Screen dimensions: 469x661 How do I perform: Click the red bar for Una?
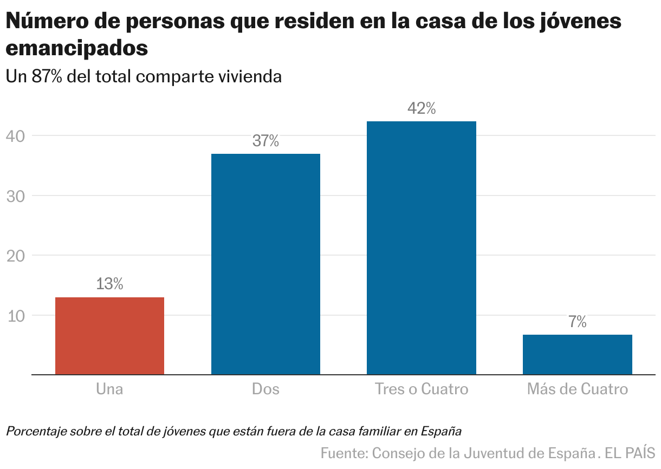pos(109,336)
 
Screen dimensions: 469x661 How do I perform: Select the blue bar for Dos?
pos(265,264)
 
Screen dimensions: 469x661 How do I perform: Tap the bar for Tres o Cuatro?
pos(421,248)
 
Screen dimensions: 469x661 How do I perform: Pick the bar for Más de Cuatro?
pos(577,355)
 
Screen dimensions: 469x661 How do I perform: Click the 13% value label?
pos(109,284)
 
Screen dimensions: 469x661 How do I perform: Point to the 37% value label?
pos(265,141)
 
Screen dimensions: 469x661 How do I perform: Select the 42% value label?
pos(421,109)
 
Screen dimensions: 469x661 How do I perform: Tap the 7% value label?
pos(578,322)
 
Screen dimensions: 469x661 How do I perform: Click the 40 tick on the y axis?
pos(16,135)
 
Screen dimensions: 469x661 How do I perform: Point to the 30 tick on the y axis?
pos(16,196)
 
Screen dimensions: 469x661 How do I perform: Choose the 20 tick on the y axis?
pos(16,256)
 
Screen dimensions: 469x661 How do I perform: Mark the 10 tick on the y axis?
pos(16,316)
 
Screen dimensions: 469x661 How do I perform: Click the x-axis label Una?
pos(109,389)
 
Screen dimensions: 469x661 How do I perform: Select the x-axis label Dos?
pos(265,389)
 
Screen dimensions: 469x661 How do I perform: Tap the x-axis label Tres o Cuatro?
pos(421,389)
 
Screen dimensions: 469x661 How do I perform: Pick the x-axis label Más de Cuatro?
pos(577,389)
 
